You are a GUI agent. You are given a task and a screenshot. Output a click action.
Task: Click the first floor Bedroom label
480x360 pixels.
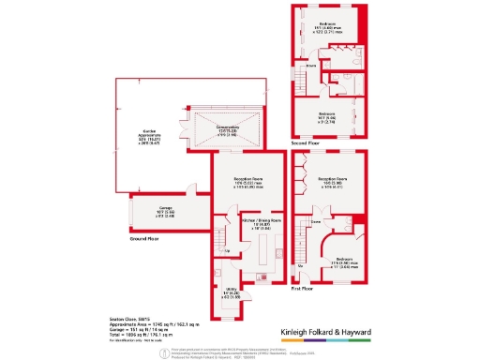[x=344, y=262]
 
